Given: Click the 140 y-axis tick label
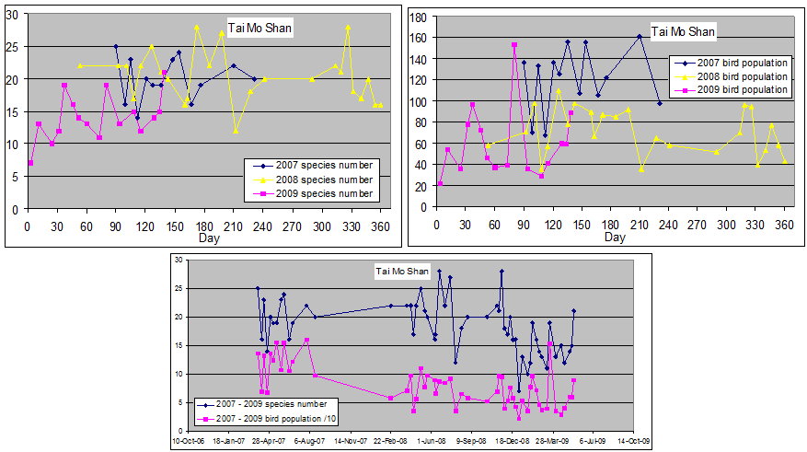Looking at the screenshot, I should point(419,58).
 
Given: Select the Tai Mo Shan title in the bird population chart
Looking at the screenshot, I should point(683,32).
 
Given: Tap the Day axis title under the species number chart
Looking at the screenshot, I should point(209,238).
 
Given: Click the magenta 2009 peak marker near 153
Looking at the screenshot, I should point(514,44).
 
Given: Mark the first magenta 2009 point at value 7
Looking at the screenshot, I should point(31,163).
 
